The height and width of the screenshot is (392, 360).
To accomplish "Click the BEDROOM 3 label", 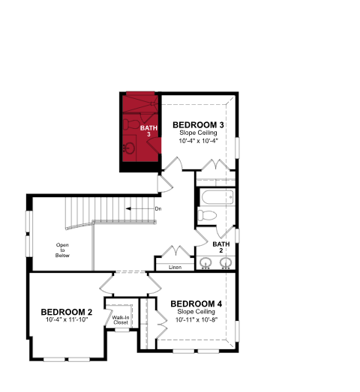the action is click(x=198, y=124).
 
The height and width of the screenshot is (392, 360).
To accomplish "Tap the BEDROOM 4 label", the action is click(x=196, y=304).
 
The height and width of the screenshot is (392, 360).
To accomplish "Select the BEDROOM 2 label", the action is click(x=67, y=312).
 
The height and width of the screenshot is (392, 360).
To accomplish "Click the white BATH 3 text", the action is click(x=148, y=131).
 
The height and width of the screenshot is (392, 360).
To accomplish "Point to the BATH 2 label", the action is click(x=221, y=247).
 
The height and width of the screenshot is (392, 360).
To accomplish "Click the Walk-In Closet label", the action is click(x=121, y=320).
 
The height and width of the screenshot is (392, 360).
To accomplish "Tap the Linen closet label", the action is click(x=175, y=268).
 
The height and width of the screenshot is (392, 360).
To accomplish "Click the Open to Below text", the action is click(x=62, y=250).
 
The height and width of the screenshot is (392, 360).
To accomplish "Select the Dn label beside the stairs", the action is click(x=158, y=209).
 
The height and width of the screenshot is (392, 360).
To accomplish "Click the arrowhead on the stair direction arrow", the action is click(x=127, y=209).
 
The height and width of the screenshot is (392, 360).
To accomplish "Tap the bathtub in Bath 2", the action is click(x=217, y=198).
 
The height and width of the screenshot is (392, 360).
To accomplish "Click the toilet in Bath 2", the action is click(x=207, y=215).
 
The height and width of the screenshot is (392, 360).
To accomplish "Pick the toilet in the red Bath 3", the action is click(x=131, y=124).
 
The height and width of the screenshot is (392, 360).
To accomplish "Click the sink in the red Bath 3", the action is click(x=129, y=148).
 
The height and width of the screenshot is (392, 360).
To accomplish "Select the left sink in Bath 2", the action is click(x=205, y=263).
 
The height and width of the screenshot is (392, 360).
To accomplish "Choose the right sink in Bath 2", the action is click(x=226, y=263).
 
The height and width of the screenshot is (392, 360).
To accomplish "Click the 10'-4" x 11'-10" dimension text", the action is click(x=67, y=320).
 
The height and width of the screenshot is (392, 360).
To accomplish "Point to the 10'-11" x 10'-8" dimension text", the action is click(x=196, y=320).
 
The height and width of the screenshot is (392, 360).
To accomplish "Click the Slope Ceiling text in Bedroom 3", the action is click(x=198, y=133).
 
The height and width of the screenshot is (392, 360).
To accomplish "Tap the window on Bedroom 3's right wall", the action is click(x=237, y=148).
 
